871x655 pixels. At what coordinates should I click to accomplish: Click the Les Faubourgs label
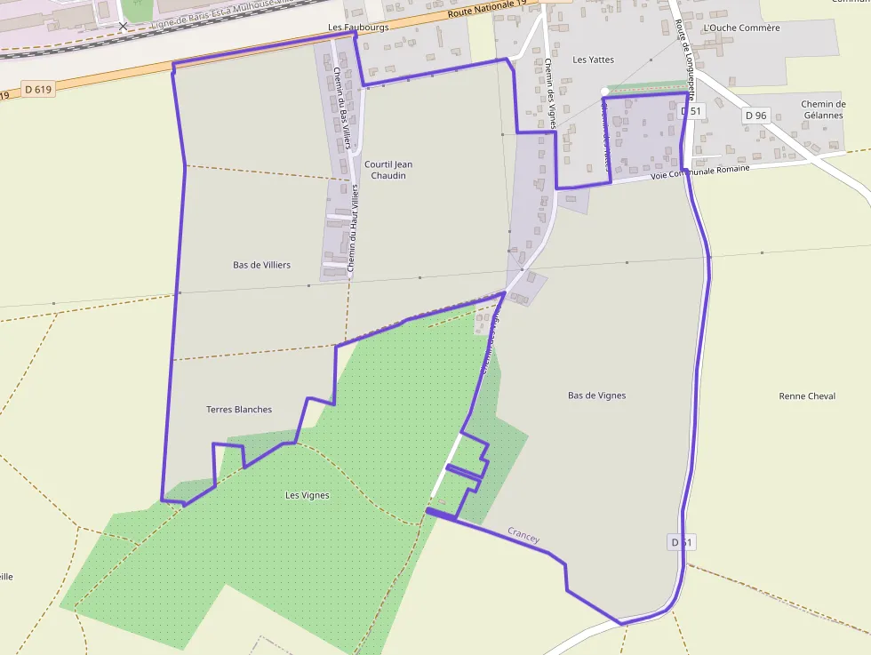pos(358,28)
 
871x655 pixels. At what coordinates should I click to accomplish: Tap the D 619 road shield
pos(38,89)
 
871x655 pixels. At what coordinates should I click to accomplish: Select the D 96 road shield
pos(755,115)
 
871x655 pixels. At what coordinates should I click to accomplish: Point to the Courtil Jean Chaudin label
pos(388,170)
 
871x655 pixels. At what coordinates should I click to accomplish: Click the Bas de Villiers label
pos(261,265)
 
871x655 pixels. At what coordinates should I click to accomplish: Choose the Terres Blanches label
pos(238,409)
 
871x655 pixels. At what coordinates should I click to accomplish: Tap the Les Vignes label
pos(307,495)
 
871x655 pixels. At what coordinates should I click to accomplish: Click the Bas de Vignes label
pos(596,395)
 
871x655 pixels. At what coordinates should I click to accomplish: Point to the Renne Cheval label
pos(806,395)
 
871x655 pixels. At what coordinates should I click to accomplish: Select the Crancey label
pos(523,534)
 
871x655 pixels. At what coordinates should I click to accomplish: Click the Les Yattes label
pos(593,60)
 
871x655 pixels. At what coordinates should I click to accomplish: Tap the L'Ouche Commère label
pos(740,28)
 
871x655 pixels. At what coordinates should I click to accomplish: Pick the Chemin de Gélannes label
pos(822,109)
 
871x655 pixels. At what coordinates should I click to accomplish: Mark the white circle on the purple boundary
pos(604,91)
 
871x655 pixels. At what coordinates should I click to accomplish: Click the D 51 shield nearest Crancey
pos(680,542)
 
